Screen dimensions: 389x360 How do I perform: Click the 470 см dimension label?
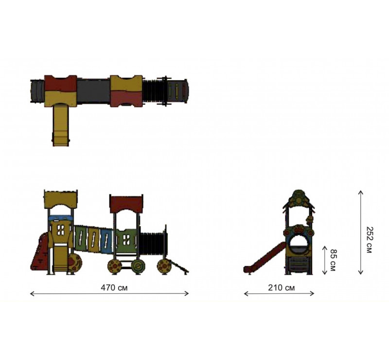(114, 288)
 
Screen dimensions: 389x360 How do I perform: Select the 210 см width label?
(282, 288)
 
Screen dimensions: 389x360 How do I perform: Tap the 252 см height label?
(370, 240)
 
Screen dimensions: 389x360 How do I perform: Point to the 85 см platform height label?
(333, 260)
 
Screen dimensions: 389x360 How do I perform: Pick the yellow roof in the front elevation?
(60, 199)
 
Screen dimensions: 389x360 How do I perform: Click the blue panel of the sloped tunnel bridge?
(106, 240)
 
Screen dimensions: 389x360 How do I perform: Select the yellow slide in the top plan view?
(60, 125)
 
